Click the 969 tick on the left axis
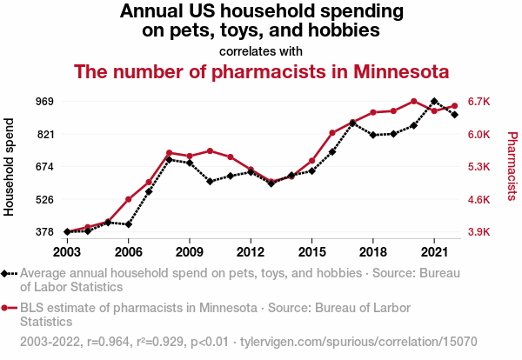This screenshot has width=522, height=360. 43,101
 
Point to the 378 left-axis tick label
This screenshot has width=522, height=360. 43,232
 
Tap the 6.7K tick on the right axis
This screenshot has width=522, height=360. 479,101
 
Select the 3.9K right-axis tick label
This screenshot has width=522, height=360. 479,232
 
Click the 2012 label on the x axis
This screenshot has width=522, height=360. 251,252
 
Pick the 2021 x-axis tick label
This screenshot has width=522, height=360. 434,252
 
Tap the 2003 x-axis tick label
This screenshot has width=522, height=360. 67,252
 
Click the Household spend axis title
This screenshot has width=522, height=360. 10,166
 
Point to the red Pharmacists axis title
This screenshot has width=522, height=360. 512,166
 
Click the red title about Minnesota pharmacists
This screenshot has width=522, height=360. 261,71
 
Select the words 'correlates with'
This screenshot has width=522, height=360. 261,50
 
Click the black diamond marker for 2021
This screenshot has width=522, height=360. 434,102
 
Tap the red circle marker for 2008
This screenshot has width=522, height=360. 169,153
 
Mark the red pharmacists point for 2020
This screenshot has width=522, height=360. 414,101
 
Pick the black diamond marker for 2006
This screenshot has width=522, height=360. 129,224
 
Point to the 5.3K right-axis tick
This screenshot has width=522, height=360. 479,166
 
